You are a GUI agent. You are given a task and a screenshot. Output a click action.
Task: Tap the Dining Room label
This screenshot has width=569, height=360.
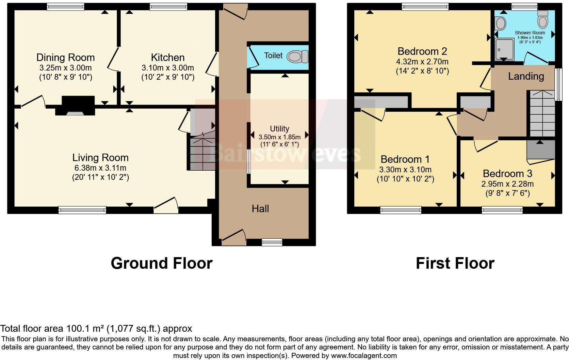click(x=65, y=57)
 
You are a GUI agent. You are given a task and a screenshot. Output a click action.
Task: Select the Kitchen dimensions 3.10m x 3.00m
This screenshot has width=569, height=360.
click(x=168, y=67)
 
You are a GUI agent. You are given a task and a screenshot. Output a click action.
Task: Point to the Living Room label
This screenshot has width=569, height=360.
click(x=100, y=157)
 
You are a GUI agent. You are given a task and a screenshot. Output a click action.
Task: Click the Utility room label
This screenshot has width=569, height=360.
click(x=279, y=128)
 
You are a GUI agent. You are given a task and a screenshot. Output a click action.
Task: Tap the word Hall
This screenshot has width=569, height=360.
click(x=260, y=208)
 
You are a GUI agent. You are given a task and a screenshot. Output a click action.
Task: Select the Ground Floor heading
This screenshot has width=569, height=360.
click(x=161, y=263)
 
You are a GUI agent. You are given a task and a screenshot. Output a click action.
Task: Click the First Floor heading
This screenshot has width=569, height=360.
click(x=455, y=263)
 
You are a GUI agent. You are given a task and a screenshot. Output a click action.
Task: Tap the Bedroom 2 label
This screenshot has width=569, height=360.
click(x=422, y=51)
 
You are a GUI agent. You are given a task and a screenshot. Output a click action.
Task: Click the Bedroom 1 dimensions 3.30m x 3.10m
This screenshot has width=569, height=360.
click(x=405, y=170)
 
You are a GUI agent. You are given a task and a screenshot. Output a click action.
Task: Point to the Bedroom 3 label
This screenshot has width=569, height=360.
click(x=507, y=173)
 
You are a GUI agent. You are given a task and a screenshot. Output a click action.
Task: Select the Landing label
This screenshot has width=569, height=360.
click(x=526, y=76)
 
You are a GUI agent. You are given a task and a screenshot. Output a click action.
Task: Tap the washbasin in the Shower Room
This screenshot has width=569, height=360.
click(x=500, y=24)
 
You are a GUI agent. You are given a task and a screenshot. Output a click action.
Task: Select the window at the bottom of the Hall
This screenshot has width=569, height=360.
click(x=272, y=242)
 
